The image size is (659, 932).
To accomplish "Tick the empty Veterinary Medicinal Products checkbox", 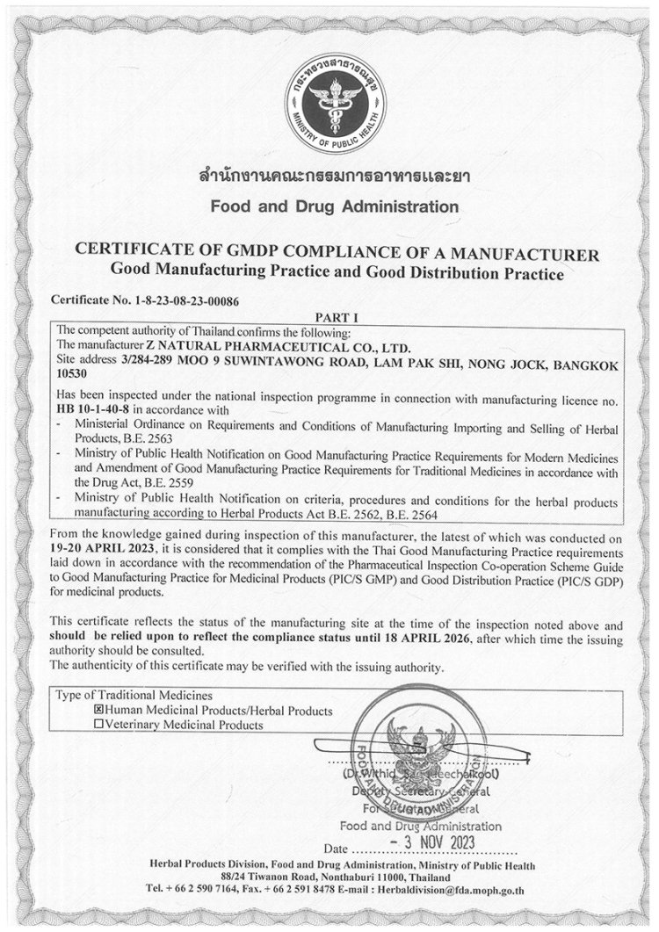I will click(x=99, y=725).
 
